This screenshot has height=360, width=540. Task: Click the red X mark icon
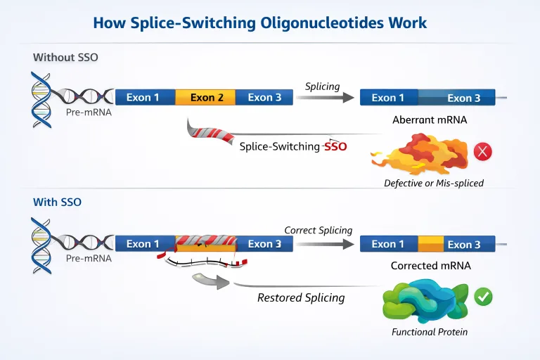click(x=482, y=151)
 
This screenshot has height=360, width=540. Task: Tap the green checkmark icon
click(x=483, y=296)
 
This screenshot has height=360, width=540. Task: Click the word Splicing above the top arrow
click(x=322, y=86)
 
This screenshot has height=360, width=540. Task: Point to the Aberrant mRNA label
click(x=430, y=120)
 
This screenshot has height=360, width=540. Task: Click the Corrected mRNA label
click(x=430, y=266)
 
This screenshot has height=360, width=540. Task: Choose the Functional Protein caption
click(x=430, y=332)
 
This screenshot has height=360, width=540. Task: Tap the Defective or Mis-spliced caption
click(x=434, y=184)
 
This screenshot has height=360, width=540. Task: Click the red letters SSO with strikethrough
click(x=335, y=147)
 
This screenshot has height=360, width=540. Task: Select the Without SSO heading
click(x=65, y=57)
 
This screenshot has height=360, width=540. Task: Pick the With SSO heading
click(x=57, y=202)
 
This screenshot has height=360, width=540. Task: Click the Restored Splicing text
click(x=301, y=297)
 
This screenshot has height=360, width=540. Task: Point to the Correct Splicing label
click(x=318, y=231)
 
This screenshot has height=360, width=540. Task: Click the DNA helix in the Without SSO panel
click(x=41, y=99)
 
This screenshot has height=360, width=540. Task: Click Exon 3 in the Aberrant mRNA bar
click(x=463, y=98)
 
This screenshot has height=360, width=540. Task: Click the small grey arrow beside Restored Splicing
click(x=210, y=282)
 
